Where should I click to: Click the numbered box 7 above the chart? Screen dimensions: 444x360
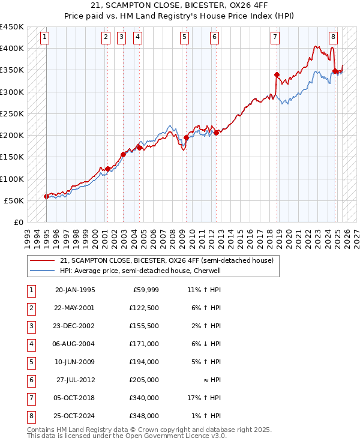[x=274, y=37]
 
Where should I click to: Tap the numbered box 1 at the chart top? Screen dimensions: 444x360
[x=46, y=37]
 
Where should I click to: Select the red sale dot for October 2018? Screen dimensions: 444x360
[x=277, y=75]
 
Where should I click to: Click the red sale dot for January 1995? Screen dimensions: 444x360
[x=46, y=196]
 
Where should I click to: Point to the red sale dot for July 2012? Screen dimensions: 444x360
[x=216, y=133]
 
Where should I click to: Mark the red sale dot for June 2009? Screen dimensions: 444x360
[x=186, y=137]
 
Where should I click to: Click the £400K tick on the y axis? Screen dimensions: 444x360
[x=12, y=49]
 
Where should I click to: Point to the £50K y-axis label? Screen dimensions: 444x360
[x=14, y=200]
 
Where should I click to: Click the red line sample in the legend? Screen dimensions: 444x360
[x=41, y=260]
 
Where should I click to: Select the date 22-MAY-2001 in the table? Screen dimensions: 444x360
[x=74, y=308]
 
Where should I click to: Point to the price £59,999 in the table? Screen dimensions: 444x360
[x=145, y=290]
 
